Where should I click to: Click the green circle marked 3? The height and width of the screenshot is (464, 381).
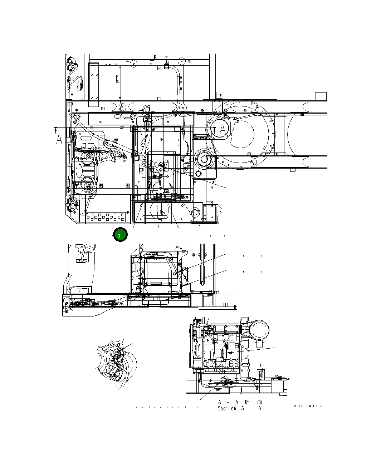[x=120, y=235]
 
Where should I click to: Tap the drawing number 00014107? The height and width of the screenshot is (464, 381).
[x=308, y=406]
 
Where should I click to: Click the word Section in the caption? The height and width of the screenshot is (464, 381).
[x=227, y=408]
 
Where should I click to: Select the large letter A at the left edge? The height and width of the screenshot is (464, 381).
[x=59, y=140]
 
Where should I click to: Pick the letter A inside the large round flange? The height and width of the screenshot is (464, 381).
[x=223, y=130]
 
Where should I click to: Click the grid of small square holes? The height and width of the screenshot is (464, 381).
[x=104, y=217]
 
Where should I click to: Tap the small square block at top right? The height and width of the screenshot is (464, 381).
[x=321, y=97]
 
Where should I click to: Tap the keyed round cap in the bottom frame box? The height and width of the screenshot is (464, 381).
[x=196, y=213]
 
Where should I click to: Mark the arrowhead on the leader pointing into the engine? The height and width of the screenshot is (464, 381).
[x=230, y=352]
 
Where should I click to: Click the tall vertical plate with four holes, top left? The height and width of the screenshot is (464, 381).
[x=94, y=81]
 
